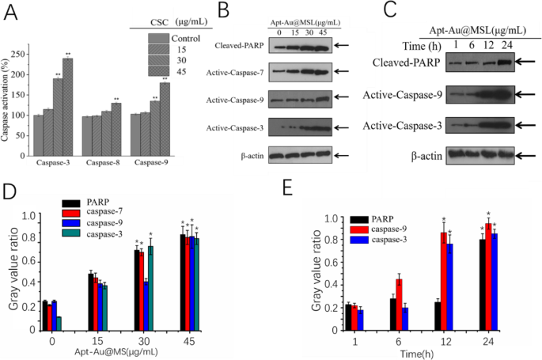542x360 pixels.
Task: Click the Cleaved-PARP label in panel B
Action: point(241,46)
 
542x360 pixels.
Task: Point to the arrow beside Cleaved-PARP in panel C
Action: point(527,60)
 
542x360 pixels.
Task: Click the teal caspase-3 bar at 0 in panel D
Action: point(59,320)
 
